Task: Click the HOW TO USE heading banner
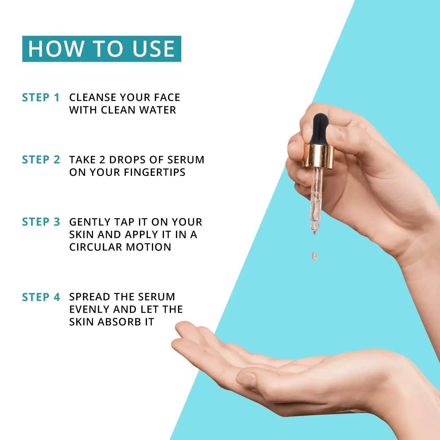pos(101,49)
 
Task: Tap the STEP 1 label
pos(41,98)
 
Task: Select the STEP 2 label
pos(41,160)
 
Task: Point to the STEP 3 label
pos(41,222)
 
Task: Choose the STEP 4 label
pos(41,297)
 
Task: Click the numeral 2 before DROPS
pos(102,160)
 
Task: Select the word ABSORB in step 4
pos(119,322)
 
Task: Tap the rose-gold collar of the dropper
pos(318,156)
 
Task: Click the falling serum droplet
pos(314,256)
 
